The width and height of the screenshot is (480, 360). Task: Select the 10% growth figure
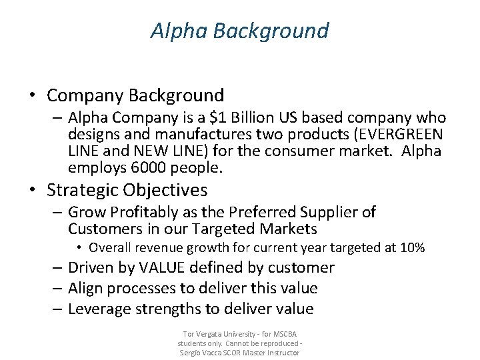coord(412,248)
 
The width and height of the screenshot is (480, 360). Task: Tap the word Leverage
coord(99,309)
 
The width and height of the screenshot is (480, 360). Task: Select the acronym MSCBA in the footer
coord(285,333)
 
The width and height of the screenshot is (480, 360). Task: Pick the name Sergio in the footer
coord(193,352)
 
